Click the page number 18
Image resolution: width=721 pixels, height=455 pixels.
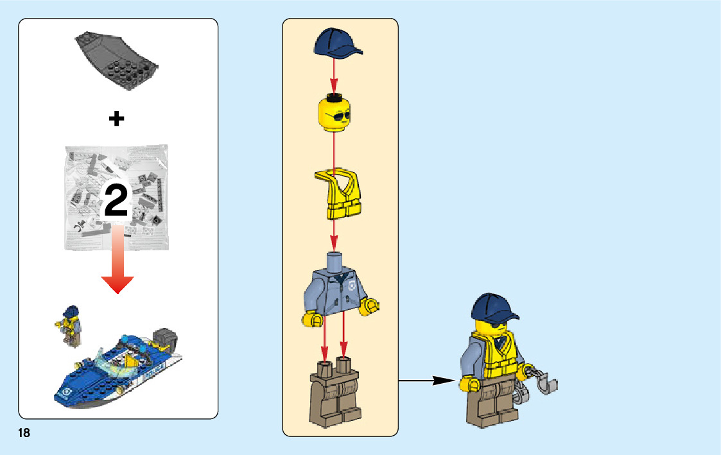tap(24, 433)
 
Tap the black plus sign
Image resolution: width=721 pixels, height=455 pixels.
tap(116, 119)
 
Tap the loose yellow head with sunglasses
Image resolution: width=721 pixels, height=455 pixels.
tap(334, 114)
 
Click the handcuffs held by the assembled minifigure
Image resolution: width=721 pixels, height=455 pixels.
tap(539, 384)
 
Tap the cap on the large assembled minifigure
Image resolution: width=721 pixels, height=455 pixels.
tap(493, 308)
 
